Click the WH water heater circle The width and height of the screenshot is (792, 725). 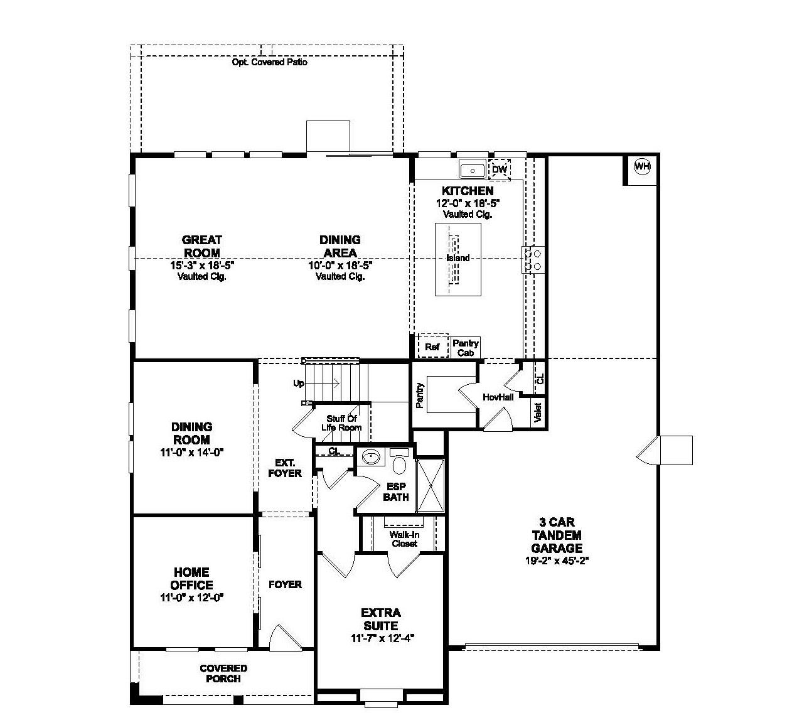point(641,166)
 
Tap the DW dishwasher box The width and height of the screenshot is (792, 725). point(500,169)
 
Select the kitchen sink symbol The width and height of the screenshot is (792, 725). point(472,169)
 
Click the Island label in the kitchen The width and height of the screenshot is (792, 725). point(458,258)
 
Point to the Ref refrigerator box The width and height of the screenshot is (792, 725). point(432,346)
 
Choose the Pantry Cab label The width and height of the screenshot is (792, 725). point(466,348)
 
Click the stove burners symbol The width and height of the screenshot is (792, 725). point(533,259)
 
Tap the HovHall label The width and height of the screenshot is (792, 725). point(498,397)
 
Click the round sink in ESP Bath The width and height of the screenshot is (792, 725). point(372,458)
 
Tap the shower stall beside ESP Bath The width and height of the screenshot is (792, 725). point(430,486)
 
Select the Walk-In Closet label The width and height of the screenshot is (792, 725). point(404,539)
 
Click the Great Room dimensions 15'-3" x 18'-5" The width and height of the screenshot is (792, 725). point(201,265)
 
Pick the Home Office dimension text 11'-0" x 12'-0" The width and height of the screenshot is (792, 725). point(191,598)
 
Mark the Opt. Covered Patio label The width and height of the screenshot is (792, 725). point(269,62)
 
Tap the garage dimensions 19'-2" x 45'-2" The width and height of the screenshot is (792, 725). point(557,561)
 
